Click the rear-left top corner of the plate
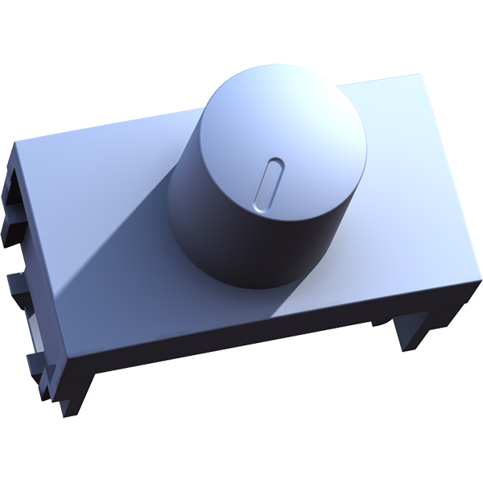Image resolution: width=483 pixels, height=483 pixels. click(18, 143)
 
